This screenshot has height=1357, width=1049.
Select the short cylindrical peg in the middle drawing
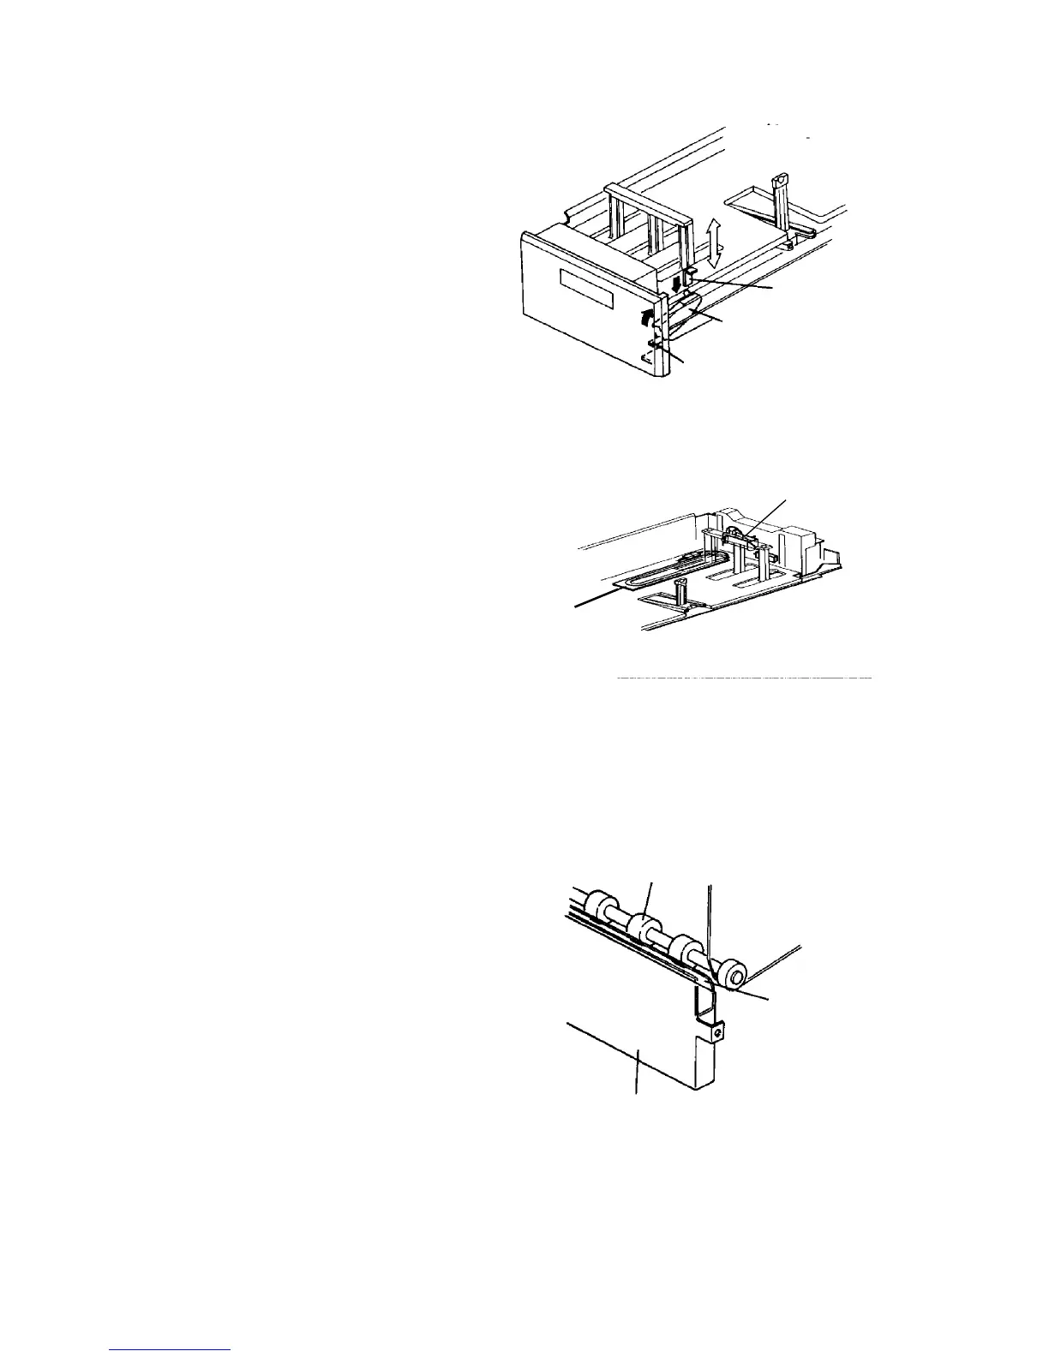pos(682,591)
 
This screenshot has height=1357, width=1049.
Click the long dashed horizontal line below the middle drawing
pos(744,678)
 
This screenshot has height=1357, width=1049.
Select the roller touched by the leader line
pos(640,926)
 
